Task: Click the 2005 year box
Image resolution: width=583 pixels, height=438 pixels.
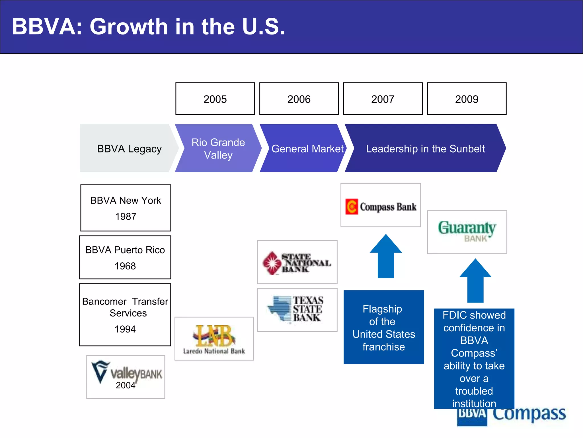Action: tap(215, 99)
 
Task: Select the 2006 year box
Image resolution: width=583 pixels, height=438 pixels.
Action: tap(299, 99)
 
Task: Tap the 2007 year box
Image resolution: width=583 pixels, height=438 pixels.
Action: tap(383, 99)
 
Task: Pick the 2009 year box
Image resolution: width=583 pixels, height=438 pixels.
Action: tap(467, 99)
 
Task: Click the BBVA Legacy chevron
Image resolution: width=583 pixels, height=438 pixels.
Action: tap(128, 148)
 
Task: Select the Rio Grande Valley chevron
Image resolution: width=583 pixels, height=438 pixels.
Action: tap(218, 148)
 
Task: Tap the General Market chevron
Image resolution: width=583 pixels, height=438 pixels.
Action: tap(306, 148)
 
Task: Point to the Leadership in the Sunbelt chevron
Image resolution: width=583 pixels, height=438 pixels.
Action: tap(425, 148)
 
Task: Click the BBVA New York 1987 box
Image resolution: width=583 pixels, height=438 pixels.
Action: tap(126, 208)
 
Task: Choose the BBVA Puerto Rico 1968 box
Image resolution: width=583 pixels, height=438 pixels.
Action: tap(125, 257)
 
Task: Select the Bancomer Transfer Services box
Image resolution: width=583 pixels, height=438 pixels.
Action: tap(125, 315)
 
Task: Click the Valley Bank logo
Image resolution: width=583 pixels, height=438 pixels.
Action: tap(126, 377)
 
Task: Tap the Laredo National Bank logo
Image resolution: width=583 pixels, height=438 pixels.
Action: tap(214, 339)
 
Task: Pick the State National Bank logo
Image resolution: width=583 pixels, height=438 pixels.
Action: tap(297, 262)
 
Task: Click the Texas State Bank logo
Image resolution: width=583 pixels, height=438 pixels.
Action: tap(297, 310)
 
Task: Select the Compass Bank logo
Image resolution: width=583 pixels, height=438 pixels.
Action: tap(381, 205)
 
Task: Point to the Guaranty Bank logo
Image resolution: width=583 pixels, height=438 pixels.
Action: tap(467, 232)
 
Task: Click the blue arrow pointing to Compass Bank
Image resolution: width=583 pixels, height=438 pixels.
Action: tap(386, 258)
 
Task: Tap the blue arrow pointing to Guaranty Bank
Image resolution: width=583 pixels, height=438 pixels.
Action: tap(475, 282)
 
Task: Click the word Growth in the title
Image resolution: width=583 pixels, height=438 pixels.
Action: tap(129, 27)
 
